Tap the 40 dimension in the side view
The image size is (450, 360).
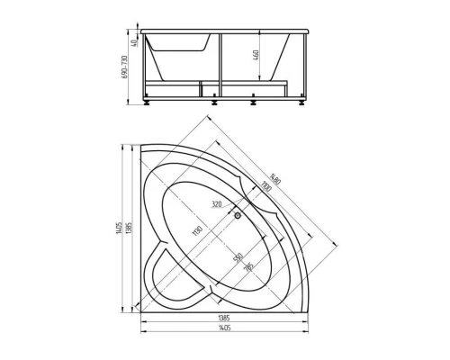point(131,40)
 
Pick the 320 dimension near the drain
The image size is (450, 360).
point(217,204)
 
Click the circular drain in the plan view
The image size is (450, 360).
point(238,214)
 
